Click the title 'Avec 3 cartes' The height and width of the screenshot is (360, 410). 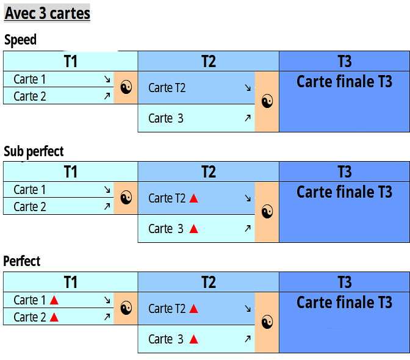coord(48,13)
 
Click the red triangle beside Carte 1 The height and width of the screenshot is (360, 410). coord(54,300)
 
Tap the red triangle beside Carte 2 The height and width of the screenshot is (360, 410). coord(54,317)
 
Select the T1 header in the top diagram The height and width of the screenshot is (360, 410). coord(70,61)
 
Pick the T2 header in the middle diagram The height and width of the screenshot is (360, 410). coord(209,171)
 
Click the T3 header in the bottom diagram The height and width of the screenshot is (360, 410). coord(344,282)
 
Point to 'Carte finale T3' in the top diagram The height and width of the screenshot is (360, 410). coord(344,81)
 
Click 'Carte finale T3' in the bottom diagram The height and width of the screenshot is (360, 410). coord(344,302)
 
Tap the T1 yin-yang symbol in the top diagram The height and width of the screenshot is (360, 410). coord(126,87)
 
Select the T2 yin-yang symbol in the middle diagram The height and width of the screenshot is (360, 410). coord(267,212)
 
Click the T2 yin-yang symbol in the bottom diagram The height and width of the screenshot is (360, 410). coord(267,322)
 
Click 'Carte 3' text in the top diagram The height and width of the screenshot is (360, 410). coord(166,118)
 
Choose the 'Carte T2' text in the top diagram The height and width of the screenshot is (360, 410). coord(167,88)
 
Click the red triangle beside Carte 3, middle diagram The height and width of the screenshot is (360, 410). coord(193,229)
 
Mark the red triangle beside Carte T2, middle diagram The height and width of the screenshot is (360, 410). coord(194,198)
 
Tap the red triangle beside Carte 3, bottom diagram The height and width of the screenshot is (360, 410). coord(193,339)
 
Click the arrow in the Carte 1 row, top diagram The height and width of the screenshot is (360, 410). coord(107,79)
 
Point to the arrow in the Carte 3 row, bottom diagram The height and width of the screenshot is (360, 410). coord(247,339)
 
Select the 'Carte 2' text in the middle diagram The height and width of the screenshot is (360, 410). coord(30,207)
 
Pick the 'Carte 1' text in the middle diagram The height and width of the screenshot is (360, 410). coord(30,190)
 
